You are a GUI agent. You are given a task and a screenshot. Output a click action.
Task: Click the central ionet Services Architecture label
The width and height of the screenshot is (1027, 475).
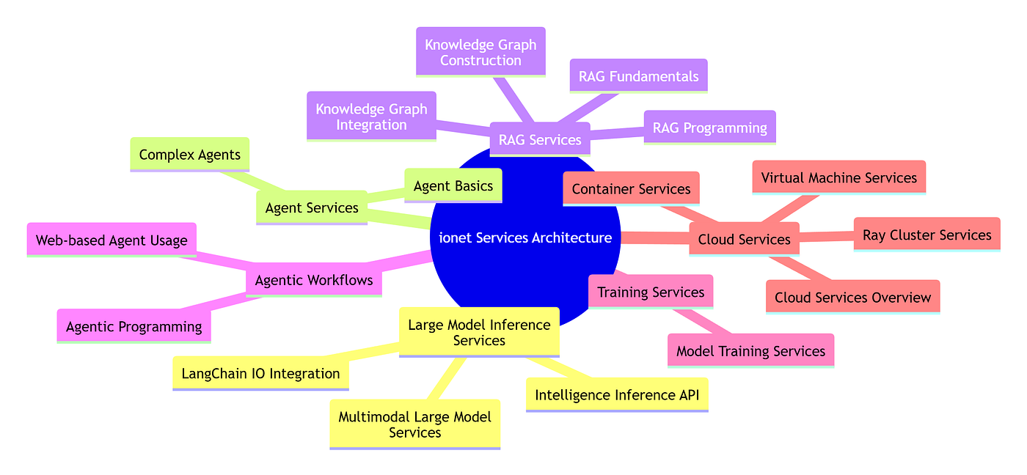pyautogui.click(x=525, y=237)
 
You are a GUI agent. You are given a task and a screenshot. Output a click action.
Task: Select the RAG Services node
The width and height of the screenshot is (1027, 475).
pyautogui.click(x=540, y=140)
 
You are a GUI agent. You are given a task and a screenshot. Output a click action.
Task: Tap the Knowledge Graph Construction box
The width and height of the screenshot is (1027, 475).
pyautogui.click(x=480, y=52)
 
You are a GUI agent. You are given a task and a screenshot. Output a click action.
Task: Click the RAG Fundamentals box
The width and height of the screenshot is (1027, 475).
pyautogui.click(x=638, y=76)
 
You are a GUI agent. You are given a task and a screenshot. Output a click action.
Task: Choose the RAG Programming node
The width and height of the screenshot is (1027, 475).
pyautogui.click(x=710, y=128)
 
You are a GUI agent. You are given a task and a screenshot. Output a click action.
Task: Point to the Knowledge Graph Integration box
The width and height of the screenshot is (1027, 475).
pyautogui.click(x=371, y=117)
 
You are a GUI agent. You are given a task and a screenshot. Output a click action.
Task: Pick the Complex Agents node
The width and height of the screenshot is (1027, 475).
pyautogui.click(x=189, y=155)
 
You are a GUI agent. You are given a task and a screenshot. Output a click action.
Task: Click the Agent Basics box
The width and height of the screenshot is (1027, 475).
pyautogui.click(x=453, y=186)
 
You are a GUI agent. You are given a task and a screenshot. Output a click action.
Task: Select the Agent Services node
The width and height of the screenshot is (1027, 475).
pyautogui.click(x=311, y=208)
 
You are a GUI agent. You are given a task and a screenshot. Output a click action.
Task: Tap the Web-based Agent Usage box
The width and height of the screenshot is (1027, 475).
pyautogui.click(x=112, y=240)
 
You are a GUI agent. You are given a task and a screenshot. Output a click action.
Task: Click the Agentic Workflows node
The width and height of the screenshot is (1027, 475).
pyautogui.click(x=314, y=280)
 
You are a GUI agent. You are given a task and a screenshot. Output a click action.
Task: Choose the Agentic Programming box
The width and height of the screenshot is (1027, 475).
pyautogui.click(x=134, y=327)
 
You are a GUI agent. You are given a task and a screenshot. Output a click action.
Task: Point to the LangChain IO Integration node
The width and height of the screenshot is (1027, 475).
pyautogui.click(x=260, y=374)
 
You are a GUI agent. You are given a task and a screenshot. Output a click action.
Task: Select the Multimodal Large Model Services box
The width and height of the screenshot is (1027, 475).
pyautogui.click(x=415, y=424)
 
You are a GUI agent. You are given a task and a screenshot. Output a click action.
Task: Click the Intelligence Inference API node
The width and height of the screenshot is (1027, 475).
pyautogui.click(x=617, y=395)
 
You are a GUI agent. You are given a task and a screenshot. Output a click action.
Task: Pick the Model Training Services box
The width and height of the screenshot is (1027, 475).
pyautogui.click(x=750, y=351)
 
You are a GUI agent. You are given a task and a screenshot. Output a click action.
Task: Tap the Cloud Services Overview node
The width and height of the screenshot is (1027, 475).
pyautogui.click(x=852, y=298)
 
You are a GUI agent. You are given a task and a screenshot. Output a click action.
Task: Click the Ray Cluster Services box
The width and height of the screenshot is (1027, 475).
pyautogui.click(x=927, y=235)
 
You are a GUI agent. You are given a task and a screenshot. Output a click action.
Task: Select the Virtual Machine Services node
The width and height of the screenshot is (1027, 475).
pyautogui.click(x=839, y=177)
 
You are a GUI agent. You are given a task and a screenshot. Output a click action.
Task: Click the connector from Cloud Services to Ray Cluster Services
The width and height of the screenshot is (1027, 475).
pyautogui.click(x=827, y=236)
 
